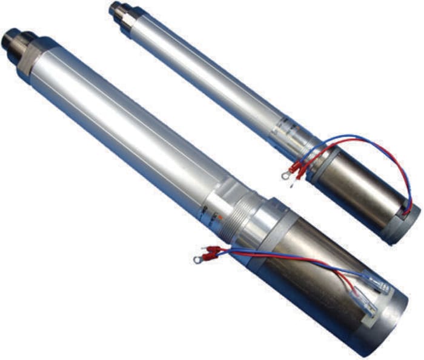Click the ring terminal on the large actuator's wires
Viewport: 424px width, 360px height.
(x=197, y=260)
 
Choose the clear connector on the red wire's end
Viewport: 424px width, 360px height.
(x=368, y=310)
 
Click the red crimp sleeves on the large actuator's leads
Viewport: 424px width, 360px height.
(x=212, y=250)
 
